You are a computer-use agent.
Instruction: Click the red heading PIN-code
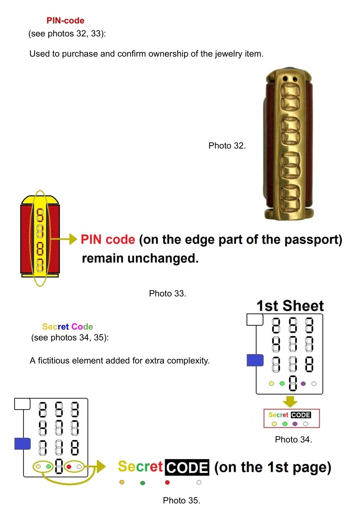65,21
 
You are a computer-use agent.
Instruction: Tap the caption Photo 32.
227,146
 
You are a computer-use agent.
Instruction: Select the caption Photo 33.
168,294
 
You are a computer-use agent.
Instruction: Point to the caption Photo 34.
293,440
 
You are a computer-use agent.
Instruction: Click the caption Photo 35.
182,501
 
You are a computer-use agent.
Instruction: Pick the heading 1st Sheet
290,306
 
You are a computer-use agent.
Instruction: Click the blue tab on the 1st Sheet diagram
255,360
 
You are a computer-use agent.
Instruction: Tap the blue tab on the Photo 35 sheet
22,444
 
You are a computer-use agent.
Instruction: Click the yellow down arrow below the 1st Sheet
290,401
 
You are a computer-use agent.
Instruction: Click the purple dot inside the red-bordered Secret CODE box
295,424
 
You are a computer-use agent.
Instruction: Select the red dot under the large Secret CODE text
167,482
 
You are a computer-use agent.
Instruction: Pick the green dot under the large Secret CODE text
143,482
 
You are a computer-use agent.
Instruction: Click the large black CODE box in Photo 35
187,467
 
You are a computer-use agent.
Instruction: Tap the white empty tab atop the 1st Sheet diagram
255,319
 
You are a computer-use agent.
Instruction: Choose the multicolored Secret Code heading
67,327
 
